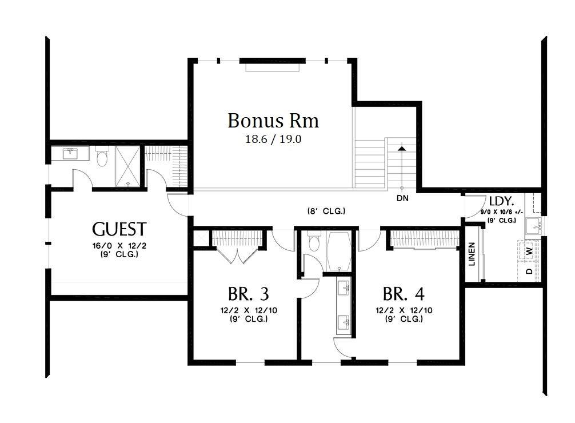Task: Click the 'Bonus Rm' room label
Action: pyautogui.click(x=273, y=121)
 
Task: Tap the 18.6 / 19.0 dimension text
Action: pyautogui.click(x=273, y=138)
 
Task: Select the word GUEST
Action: pyautogui.click(x=119, y=230)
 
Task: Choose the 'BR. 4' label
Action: pyautogui.click(x=404, y=294)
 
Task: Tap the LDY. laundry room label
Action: pyautogui.click(x=501, y=201)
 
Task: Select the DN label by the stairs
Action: pyautogui.click(x=403, y=198)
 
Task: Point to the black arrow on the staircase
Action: pyautogui.click(x=402, y=149)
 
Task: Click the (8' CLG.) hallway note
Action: pyautogui.click(x=326, y=211)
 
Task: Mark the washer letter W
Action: pyautogui.click(x=529, y=250)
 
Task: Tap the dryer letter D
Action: pyautogui.click(x=529, y=270)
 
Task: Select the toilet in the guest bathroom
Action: pyautogui.click(x=102, y=157)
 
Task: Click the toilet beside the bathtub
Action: pyautogui.click(x=313, y=244)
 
